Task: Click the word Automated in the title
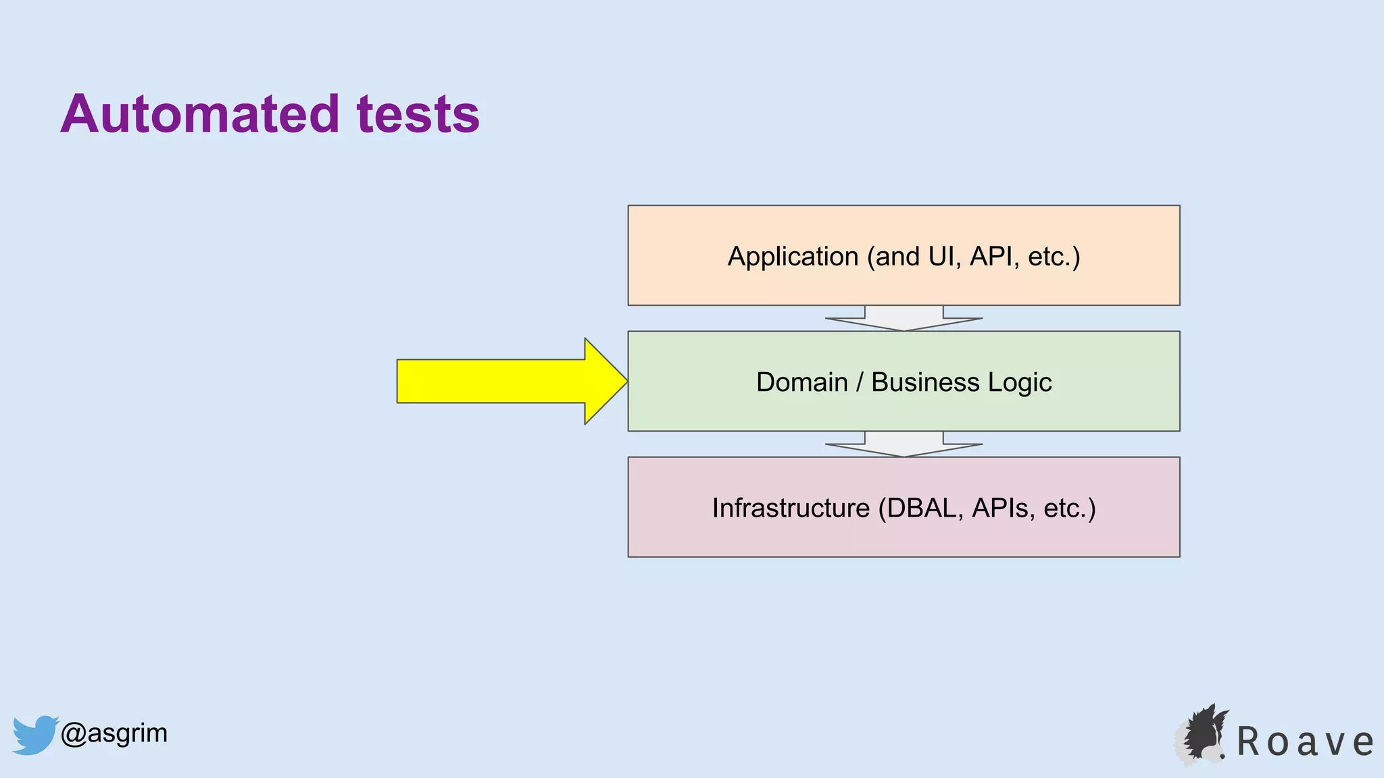point(199,114)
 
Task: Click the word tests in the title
point(418,114)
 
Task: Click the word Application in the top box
point(793,257)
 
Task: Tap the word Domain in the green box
point(801,382)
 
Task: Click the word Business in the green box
point(924,382)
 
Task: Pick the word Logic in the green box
point(1020,382)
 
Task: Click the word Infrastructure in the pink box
point(791,508)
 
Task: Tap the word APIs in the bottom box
point(1000,508)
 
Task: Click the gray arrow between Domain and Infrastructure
point(904,444)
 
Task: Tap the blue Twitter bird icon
point(34,734)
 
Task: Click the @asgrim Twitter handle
point(114,733)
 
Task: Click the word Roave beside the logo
point(1305,742)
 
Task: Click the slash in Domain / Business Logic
point(860,382)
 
